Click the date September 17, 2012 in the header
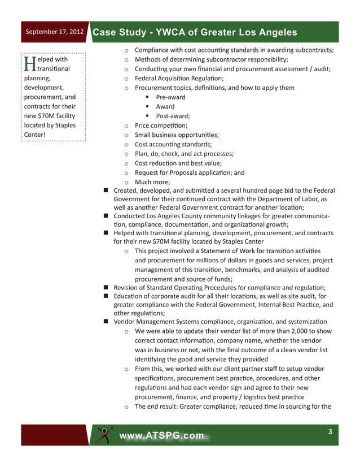click(x=54, y=32)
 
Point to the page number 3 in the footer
click(x=331, y=433)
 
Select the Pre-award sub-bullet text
click(x=170, y=97)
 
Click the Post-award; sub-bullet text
click(x=173, y=116)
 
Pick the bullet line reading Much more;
click(x=155, y=182)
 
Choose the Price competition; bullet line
click(x=161, y=126)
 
